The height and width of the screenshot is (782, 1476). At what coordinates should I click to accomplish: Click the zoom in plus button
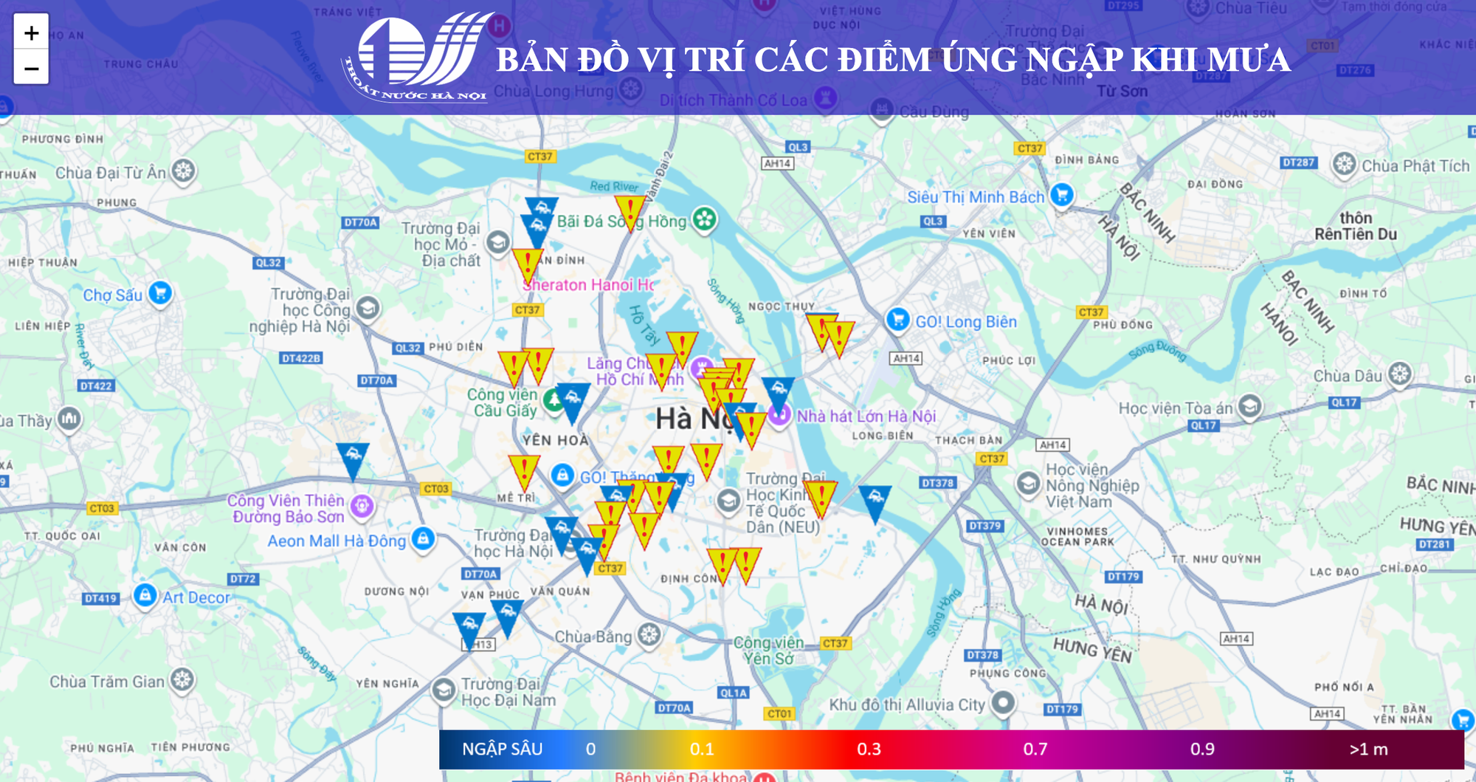(31, 32)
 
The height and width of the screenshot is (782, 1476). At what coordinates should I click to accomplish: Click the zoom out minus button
(31, 68)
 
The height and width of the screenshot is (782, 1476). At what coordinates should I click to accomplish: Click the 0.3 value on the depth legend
(869, 750)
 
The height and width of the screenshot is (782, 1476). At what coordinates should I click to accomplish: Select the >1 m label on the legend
(1368, 750)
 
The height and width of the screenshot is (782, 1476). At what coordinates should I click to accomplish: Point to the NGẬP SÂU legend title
(502, 750)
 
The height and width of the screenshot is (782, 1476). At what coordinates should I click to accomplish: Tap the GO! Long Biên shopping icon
(897, 320)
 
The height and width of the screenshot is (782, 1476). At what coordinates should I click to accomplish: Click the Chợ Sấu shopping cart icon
(160, 293)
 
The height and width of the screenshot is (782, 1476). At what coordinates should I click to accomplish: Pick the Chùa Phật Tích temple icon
(1345, 165)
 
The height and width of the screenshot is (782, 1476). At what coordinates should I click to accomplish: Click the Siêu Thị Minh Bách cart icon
(1061, 196)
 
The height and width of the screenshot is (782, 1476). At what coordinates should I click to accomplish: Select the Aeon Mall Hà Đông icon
(423, 538)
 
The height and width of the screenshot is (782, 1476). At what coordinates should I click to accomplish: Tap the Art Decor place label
(196, 597)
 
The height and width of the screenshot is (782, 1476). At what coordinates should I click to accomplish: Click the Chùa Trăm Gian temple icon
(182, 680)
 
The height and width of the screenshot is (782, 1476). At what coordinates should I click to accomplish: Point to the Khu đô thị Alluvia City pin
(1003, 702)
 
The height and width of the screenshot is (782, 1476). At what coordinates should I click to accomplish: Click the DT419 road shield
(100, 598)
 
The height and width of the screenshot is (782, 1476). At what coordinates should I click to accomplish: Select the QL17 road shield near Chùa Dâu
(1344, 402)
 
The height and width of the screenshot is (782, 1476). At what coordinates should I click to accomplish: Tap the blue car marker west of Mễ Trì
(353, 458)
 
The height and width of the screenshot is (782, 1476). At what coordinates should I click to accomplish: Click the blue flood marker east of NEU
(875, 501)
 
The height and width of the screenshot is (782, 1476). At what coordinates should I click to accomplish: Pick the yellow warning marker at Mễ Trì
(524, 470)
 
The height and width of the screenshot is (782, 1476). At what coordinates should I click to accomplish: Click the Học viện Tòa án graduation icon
(1249, 405)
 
